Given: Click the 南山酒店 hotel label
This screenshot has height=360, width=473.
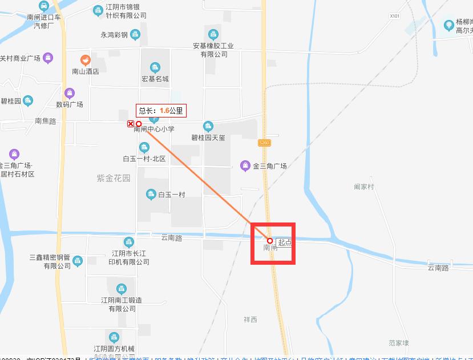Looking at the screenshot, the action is [85, 72].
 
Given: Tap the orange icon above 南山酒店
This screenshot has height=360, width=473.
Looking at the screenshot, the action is [85, 60].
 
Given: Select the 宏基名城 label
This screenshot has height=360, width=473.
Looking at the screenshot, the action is [155, 79].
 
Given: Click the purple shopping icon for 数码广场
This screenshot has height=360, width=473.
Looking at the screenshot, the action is [70, 93].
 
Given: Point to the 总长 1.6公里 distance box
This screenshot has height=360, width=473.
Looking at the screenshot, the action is [161, 111].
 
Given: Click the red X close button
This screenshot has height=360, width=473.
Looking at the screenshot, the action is [131, 124].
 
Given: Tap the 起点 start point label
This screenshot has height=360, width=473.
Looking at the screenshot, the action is [285, 242].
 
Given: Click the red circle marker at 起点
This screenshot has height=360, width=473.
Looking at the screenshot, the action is [270, 241].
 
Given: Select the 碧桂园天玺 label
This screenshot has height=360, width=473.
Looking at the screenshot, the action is [208, 137].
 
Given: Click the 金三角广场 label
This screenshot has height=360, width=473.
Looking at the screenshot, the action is [269, 166].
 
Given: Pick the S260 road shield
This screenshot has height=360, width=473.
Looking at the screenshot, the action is [264, 143].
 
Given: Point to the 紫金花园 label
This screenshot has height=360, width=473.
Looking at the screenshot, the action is [114, 178].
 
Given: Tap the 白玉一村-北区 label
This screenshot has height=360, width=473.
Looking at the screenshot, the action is [144, 159].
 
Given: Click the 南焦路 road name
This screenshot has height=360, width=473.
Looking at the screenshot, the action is [46, 121].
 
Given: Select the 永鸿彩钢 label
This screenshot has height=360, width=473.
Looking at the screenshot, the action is [114, 35].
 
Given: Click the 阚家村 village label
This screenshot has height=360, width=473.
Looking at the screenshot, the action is [363, 187].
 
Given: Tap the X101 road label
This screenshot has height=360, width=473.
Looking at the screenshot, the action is [394, 17].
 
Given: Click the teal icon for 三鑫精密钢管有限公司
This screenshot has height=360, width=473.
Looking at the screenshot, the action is [78, 261].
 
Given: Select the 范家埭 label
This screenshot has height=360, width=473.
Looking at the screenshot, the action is [399, 343].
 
